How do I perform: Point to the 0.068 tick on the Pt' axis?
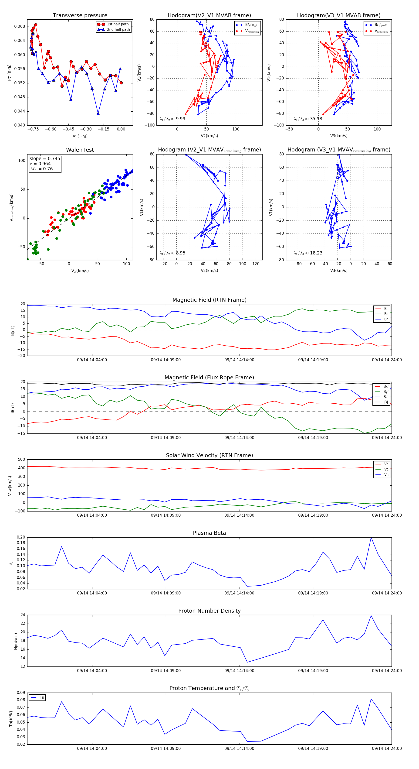click(20, 26)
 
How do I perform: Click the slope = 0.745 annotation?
click(45, 158)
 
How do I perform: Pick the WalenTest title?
click(80, 150)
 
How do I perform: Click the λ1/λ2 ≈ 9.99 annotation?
click(172, 119)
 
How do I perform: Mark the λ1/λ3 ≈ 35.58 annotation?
click(308, 119)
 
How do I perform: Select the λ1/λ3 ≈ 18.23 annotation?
click(308, 253)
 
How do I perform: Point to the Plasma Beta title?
click(209, 533)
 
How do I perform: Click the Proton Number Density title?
click(209, 611)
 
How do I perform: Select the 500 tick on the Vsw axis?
click(21, 460)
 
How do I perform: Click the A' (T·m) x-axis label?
click(80, 136)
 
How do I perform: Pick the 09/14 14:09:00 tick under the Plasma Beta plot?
click(166, 593)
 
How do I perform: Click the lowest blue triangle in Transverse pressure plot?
click(98, 113)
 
